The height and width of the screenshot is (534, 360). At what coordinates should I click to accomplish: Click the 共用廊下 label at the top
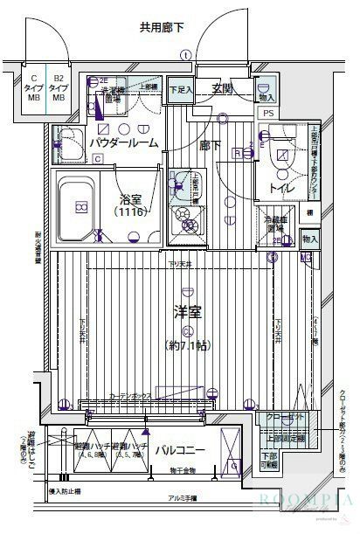[x=163, y=28]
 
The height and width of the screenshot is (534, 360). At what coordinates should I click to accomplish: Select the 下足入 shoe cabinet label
[x=180, y=89]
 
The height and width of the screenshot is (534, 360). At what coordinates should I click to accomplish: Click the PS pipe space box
[x=268, y=113]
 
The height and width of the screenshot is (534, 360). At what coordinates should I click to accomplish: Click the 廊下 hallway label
[x=211, y=146]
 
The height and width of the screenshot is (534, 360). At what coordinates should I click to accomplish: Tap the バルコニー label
[x=180, y=451]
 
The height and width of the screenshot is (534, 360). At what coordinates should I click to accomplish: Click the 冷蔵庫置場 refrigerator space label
[x=270, y=225]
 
